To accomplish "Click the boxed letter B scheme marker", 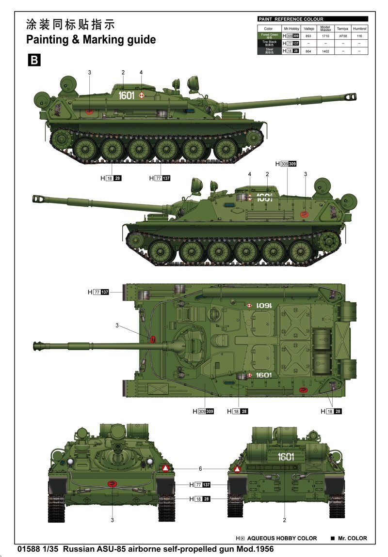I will click(34, 60).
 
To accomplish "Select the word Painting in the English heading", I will click(47, 40).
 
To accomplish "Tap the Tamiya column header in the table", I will click(342, 29).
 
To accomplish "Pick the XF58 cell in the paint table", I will click(342, 36).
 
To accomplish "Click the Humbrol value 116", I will click(359, 36).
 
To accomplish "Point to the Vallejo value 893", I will click(308, 36).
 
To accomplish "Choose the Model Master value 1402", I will click(325, 50).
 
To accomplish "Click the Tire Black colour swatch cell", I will click(269, 43).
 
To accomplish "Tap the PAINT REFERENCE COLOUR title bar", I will click(312, 19).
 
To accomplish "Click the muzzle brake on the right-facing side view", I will click(351, 98).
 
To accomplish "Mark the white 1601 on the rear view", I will click(286, 456).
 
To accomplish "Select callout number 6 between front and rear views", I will click(200, 469).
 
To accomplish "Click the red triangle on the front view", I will click(166, 468).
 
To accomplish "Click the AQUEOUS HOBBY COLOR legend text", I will click(281, 538).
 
